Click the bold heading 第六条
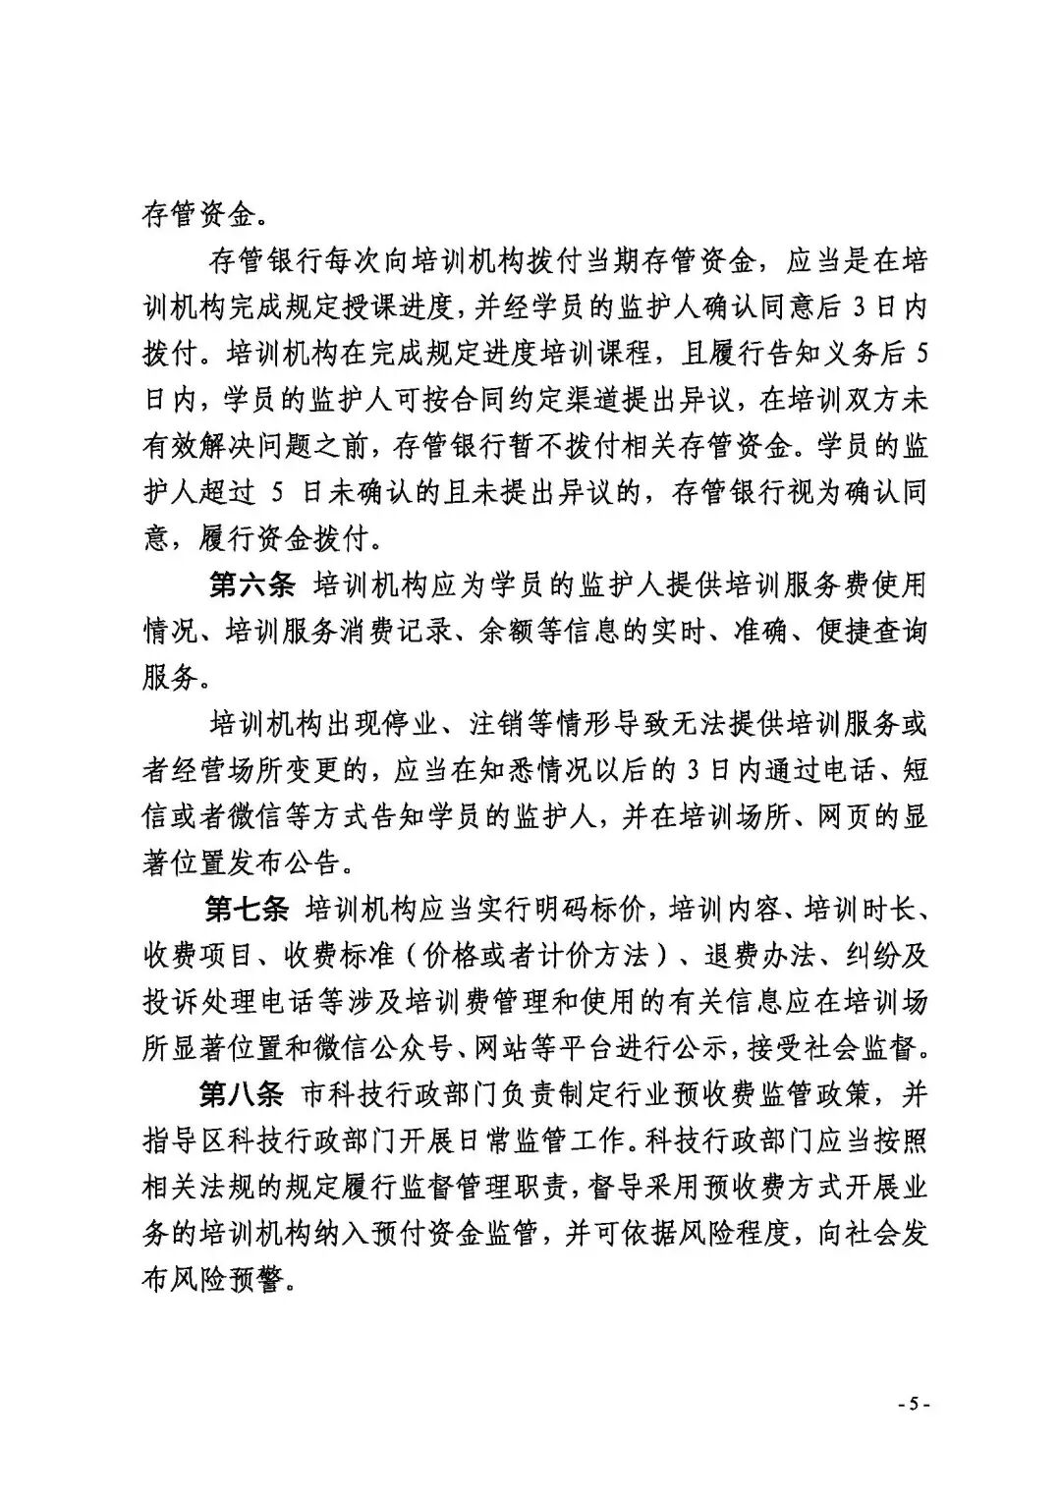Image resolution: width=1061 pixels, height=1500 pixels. click(x=252, y=586)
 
